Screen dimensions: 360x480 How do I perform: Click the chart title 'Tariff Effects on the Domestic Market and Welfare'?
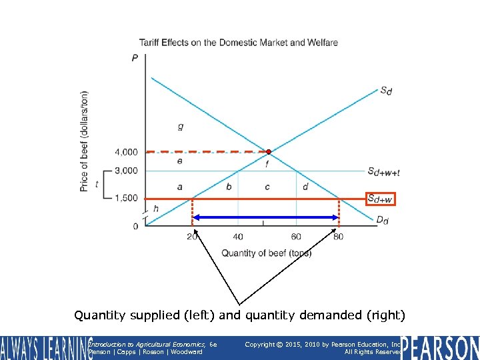pos(238,43)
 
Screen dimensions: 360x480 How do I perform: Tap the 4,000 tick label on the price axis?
pos(125,153)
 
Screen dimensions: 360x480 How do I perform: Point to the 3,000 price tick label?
pos(125,171)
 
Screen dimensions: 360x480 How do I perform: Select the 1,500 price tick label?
pos(125,198)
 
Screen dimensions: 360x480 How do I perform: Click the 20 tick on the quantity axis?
pos(193,237)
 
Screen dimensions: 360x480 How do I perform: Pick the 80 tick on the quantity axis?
pos(339,237)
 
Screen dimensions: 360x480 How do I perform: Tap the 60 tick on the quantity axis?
pos(296,237)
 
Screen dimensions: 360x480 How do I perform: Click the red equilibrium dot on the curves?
pos(269,151)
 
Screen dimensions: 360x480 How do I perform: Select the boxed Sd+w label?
pos(380,199)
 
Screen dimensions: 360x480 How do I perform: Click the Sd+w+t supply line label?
pos(383,171)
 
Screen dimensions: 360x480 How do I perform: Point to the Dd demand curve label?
pos(381,221)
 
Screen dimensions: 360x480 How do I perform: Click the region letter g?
pos(181,126)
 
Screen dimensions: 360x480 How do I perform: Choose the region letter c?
pos(267,187)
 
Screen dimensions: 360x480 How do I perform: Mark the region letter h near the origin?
pos(156,209)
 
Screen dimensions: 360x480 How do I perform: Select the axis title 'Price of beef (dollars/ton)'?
pos(84,141)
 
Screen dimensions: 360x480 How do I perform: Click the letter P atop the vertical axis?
pos(135,58)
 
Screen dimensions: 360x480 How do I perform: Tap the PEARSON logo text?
pos(441,347)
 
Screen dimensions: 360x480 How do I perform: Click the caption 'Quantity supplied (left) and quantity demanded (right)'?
pos(239,315)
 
